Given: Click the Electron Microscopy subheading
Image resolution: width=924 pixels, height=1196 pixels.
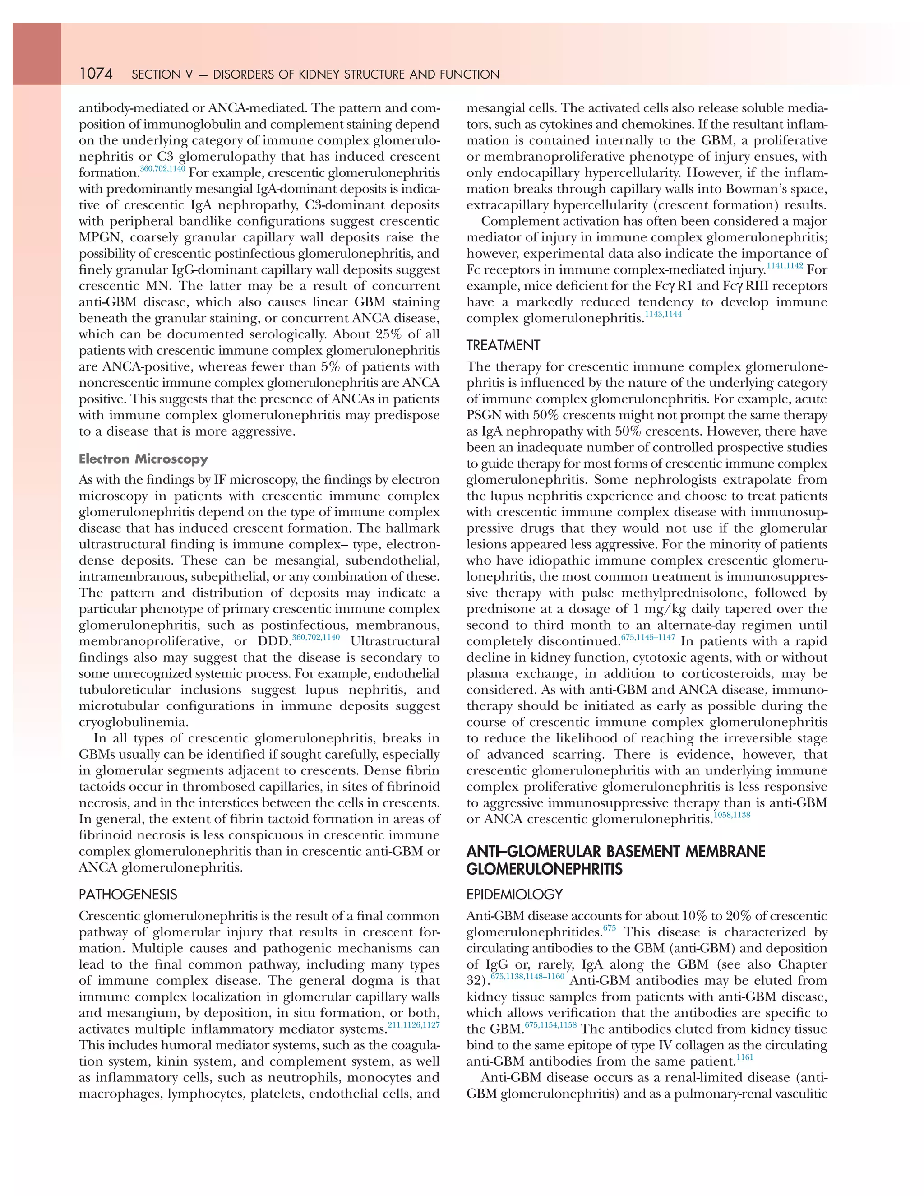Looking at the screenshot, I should [143, 459].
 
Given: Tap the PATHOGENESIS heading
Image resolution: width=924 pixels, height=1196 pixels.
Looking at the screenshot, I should [128, 895].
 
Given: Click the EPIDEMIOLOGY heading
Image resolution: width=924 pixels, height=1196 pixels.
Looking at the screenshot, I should [514, 895].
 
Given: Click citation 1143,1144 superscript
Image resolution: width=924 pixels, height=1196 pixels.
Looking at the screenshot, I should [663, 314].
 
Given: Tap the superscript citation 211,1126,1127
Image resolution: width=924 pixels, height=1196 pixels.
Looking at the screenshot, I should [413, 1025].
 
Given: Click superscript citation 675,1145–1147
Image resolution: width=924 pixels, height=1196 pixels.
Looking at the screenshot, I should [648, 638].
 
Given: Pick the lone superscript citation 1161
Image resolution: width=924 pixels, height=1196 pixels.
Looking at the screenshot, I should [745, 1057].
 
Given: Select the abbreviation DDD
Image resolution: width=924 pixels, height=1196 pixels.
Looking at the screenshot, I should [273, 642].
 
